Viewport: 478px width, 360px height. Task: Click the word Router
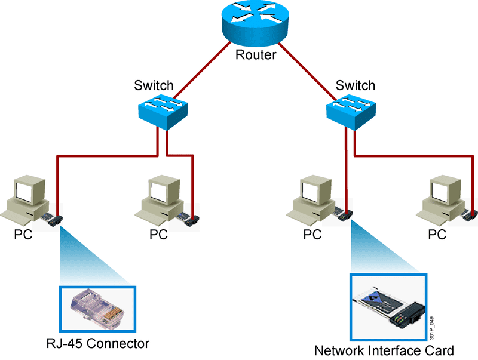click(256, 56)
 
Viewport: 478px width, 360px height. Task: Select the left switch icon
click(163, 112)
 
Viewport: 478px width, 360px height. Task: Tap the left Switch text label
click(154, 85)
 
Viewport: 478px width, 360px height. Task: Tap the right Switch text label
click(356, 85)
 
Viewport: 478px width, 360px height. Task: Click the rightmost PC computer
click(442, 199)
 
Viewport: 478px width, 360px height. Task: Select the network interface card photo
click(389, 307)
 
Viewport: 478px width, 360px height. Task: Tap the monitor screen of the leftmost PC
click(26, 190)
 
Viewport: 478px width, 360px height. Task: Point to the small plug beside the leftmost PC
click(56, 219)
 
